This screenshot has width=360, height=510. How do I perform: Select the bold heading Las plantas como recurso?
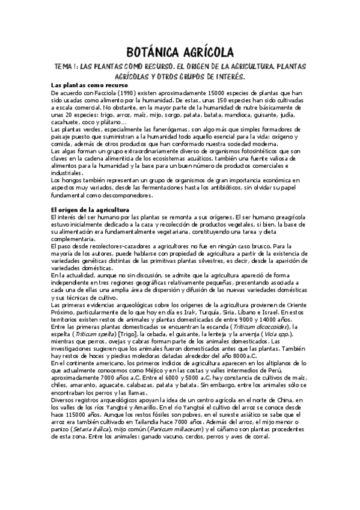click(x=86, y=85)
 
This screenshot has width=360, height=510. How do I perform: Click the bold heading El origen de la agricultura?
click(x=90, y=209)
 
